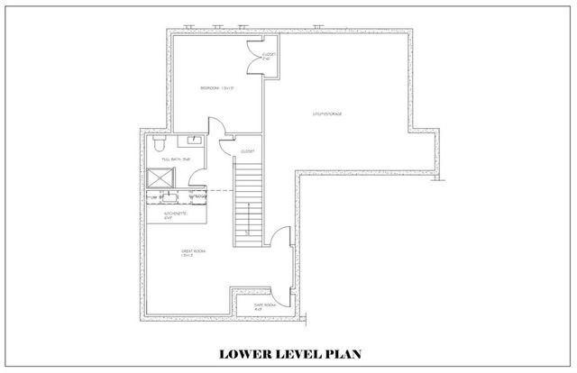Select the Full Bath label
click(174, 159)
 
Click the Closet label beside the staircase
click(248, 150)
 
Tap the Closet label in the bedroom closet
click(268, 56)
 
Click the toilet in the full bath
click(159, 142)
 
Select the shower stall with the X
click(159, 178)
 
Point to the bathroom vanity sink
click(194, 140)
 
